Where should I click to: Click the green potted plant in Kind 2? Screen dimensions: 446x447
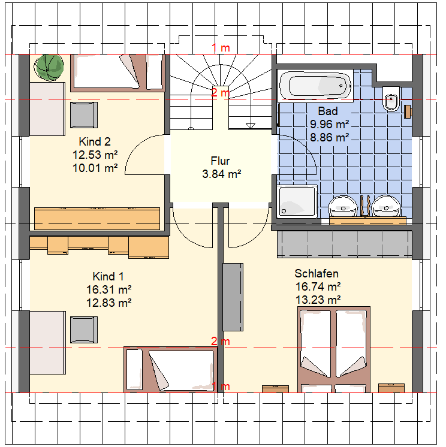(49, 68)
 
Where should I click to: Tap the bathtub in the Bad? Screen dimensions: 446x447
(315, 86)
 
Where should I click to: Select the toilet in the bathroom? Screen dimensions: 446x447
(392, 99)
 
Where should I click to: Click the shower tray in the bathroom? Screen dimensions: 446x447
(297, 201)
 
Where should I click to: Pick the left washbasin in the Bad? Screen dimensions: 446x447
(343, 206)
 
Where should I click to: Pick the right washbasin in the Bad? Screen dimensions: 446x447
(386, 206)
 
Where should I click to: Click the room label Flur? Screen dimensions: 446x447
(220, 161)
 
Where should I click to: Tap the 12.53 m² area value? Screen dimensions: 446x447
(95, 155)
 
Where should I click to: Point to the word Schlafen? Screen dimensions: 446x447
(317, 274)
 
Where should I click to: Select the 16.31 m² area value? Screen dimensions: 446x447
(109, 289)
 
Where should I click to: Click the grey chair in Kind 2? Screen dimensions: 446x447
(84, 115)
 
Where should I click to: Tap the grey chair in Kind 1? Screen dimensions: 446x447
(84, 330)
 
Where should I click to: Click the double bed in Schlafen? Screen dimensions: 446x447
(334, 349)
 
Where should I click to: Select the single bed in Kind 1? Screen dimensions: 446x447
(170, 370)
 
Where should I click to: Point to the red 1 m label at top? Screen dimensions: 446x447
(221, 48)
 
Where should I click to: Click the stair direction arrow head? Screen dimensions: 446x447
(251, 126)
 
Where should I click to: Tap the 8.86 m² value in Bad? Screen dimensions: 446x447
(329, 138)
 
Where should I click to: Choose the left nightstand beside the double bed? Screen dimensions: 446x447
(276, 389)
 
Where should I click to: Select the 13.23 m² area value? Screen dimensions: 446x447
(318, 300)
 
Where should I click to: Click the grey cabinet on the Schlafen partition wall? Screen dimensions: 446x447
(233, 297)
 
